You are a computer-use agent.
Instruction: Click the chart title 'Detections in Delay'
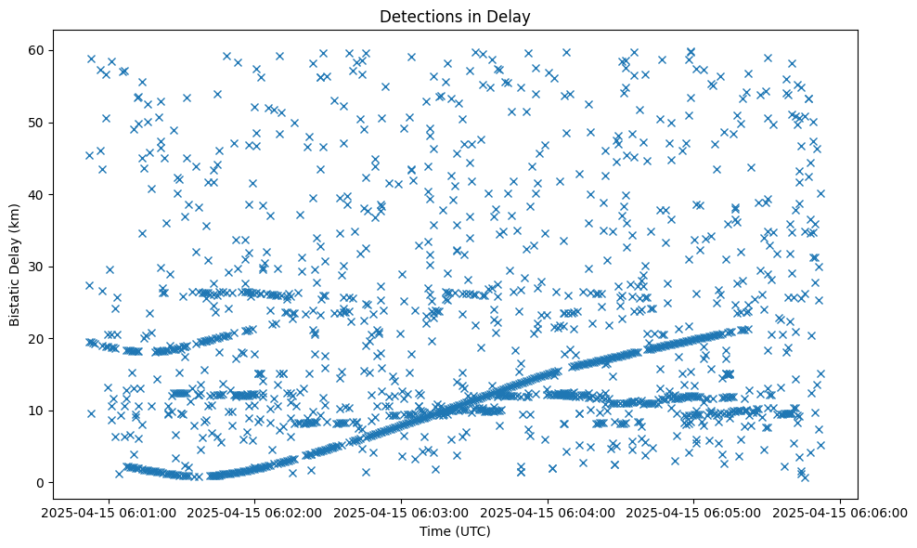pos(455,16)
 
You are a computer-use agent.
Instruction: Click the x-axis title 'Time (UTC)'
pos(455,531)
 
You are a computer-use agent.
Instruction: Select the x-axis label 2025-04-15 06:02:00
pos(256,512)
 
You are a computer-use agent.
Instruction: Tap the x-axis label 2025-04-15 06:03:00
pos(402,512)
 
